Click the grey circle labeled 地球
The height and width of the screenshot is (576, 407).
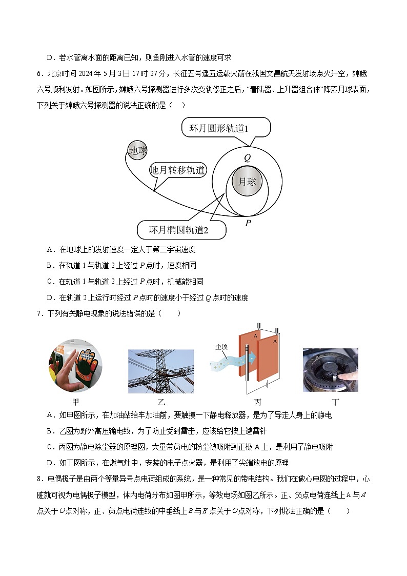click(x=138, y=150)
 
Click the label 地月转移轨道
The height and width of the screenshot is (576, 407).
click(x=177, y=170)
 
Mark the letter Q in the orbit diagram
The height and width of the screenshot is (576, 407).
click(x=247, y=158)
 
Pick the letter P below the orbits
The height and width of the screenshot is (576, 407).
click(x=248, y=223)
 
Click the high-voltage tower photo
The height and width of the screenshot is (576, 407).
click(x=161, y=371)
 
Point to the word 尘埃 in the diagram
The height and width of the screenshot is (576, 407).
click(x=222, y=347)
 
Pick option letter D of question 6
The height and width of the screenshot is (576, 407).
click(x=50, y=297)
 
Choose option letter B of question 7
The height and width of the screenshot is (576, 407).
click(x=50, y=431)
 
